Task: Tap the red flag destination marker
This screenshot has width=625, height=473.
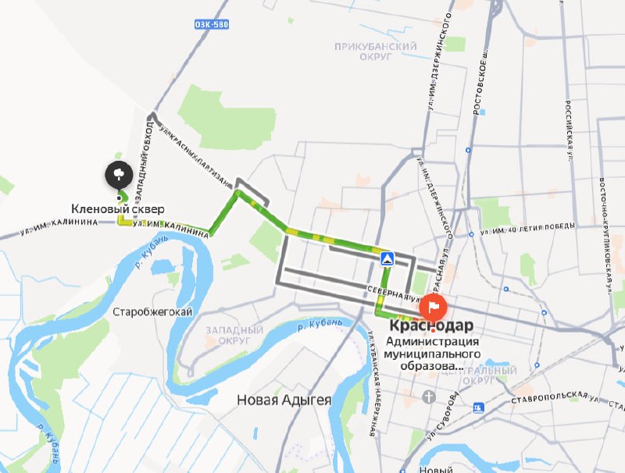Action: pyautogui.click(x=434, y=305)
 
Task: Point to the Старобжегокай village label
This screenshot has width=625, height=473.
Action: pyautogui.click(x=153, y=312)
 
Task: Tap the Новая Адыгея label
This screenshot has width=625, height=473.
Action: pyautogui.click(x=284, y=400)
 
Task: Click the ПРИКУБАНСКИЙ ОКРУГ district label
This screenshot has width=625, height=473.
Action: pyautogui.click(x=375, y=52)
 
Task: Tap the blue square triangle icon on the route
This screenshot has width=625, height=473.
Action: pyautogui.click(x=385, y=258)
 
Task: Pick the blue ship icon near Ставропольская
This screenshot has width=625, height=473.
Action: pyautogui.click(x=477, y=407)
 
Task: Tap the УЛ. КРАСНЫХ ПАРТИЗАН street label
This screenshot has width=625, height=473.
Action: pyautogui.click(x=195, y=158)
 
